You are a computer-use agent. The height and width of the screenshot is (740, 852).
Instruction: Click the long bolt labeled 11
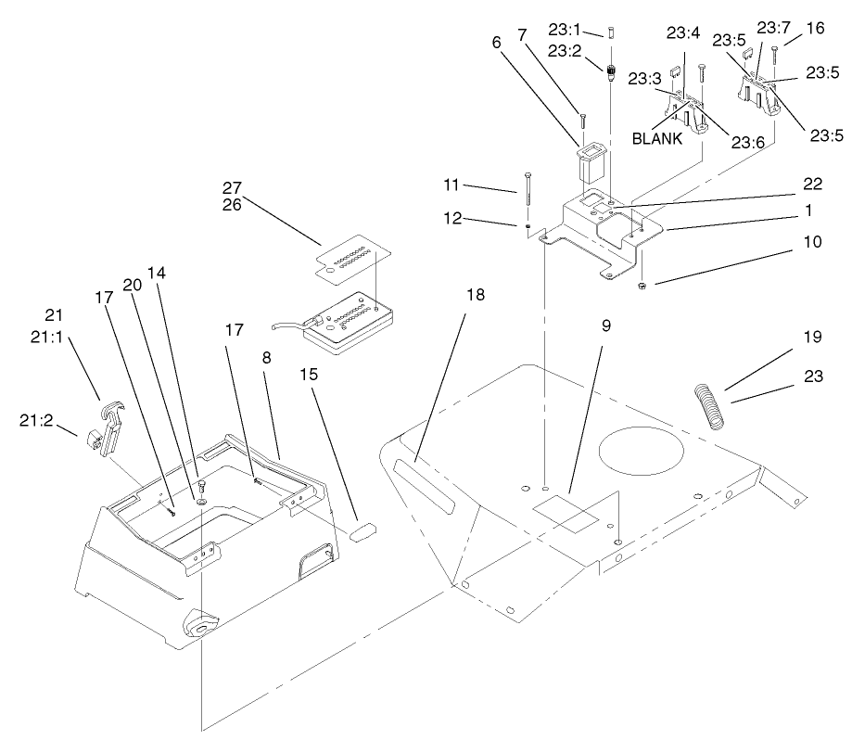528,199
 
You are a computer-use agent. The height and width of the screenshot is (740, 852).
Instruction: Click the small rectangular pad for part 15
362,530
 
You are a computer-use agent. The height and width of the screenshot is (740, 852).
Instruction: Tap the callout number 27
233,186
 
